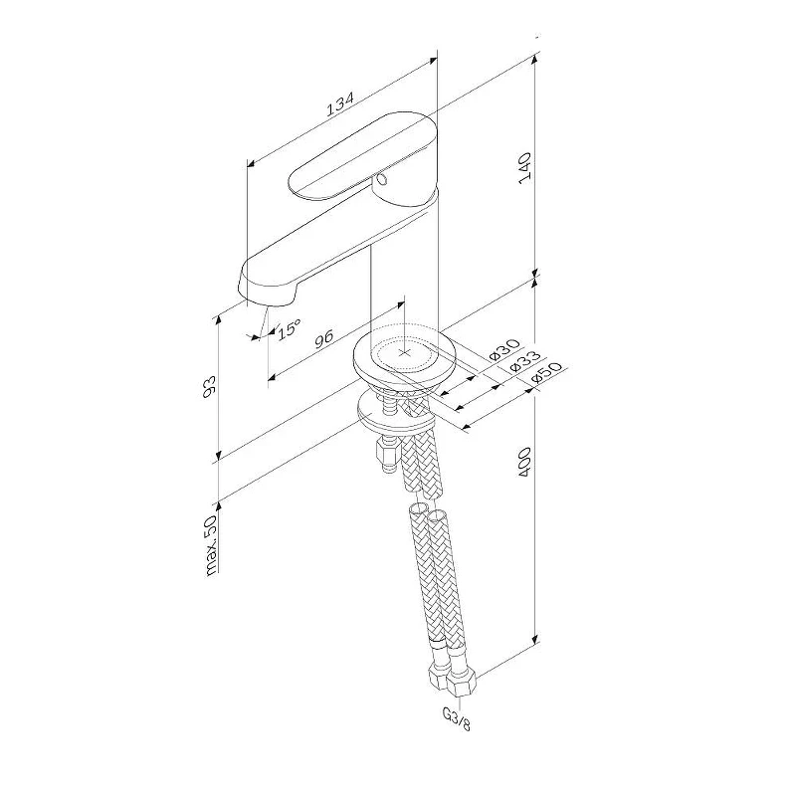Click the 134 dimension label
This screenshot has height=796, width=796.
[339, 104]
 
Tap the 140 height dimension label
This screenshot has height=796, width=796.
[524, 168]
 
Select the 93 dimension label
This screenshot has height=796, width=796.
[209, 387]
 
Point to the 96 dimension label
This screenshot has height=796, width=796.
[323, 338]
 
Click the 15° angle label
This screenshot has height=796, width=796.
[289, 328]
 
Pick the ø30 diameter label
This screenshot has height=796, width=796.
[505, 348]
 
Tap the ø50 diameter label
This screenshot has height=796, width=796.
[544, 373]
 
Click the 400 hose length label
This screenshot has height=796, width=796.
[524, 462]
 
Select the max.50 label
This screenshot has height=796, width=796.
[212, 544]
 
